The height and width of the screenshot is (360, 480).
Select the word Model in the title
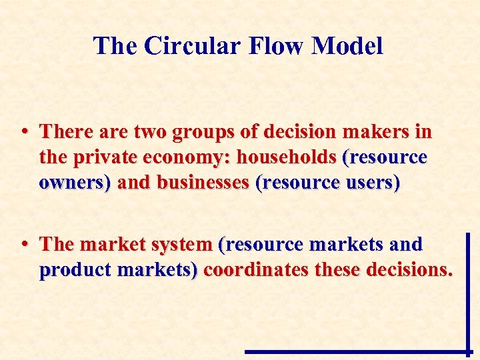coord(347,46)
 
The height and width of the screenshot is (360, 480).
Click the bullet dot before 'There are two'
coord(23,131)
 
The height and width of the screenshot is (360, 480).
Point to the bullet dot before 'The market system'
coord(23,245)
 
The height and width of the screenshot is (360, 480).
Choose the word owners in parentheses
coord(75,182)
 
